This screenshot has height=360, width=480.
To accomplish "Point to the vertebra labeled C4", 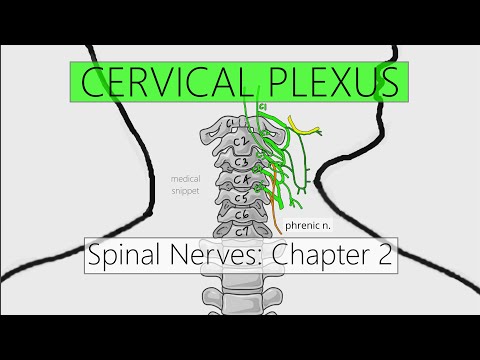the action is pyautogui.click(x=240, y=181).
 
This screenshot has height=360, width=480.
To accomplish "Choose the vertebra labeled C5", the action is pyautogui.click(x=240, y=198).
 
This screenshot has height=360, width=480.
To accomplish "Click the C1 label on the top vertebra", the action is pyautogui.click(x=231, y=124).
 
